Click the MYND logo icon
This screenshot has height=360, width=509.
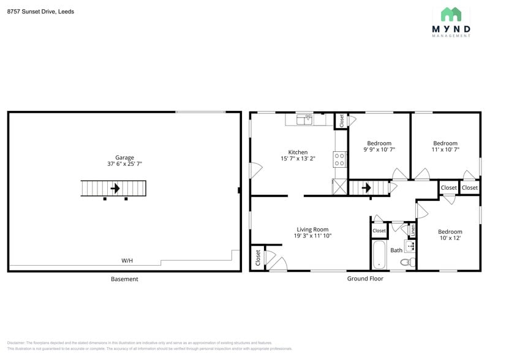(x=451, y=14)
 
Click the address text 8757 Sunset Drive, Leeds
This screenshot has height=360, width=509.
(x=40, y=11)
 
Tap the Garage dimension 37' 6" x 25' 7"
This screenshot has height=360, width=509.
(x=124, y=164)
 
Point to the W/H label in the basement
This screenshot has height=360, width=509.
(x=127, y=261)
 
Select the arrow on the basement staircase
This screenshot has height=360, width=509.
(x=115, y=189)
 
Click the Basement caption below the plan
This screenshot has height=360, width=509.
(x=124, y=279)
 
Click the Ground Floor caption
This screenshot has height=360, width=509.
(x=365, y=279)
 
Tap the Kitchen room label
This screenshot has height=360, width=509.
(x=298, y=152)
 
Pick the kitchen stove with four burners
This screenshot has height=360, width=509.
(x=339, y=160)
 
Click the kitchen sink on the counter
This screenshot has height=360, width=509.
(x=304, y=119)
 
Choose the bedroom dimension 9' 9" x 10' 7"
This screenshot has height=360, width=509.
(x=379, y=149)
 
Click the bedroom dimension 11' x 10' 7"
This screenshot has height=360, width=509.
(x=445, y=149)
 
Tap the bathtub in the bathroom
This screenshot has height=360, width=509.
(x=379, y=254)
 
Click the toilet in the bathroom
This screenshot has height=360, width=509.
(x=405, y=262)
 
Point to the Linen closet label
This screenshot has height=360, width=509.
(x=413, y=230)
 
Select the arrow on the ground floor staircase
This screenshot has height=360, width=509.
(x=366, y=187)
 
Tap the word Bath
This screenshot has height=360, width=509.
(x=396, y=250)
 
